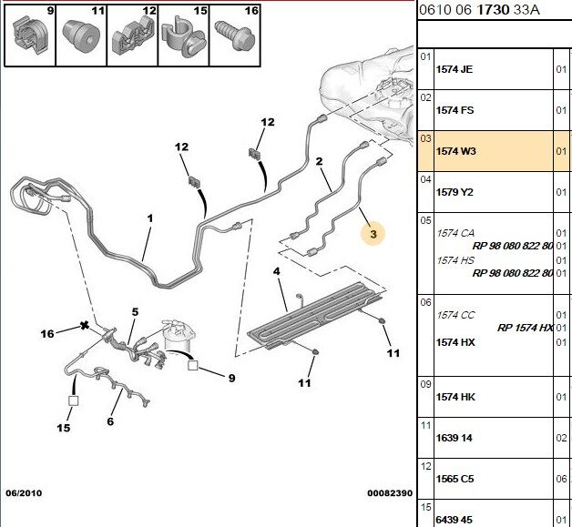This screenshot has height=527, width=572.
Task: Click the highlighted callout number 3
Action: (x=373, y=234)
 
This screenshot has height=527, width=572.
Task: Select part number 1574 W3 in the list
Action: (x=455, y=151)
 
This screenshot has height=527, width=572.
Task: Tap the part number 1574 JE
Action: (x=455, y=69)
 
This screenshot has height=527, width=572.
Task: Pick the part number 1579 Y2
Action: (x=455, y=192)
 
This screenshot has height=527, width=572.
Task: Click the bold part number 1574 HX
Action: (x=455, y=342)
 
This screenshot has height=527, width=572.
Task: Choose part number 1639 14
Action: (x=455, y=438)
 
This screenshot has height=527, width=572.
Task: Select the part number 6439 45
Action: (x=455, y=520)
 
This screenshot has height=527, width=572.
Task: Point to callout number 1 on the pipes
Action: (x=150, y=219)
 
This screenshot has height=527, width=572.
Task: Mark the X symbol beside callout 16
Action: (x=85, y=325)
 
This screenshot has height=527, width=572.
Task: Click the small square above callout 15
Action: (x=72, y=399)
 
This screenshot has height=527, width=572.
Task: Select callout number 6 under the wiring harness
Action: (x=110, y=421)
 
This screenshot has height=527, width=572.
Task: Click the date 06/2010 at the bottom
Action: (x=23, y=493)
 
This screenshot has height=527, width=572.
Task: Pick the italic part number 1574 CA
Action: (x=455, y=233)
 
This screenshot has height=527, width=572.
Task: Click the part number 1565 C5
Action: (x=455, y=479)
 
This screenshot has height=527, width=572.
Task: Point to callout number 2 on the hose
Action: (x=320, y=161)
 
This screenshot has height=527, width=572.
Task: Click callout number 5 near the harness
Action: (x=134, y=312)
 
